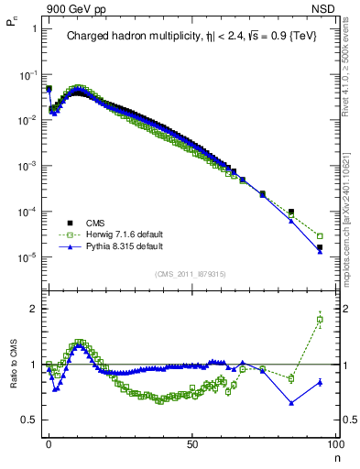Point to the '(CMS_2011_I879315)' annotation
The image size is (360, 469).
point(191,274)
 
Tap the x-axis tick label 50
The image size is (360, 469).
point(191,443)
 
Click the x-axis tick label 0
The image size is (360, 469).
point(49,443)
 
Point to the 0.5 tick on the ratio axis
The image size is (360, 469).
point(30,420)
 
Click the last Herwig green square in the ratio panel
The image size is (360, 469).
point(320,320)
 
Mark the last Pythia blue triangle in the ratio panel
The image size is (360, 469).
point(320,382)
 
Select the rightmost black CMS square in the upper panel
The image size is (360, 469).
point(320,247)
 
